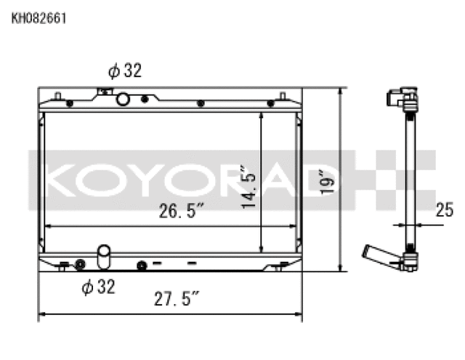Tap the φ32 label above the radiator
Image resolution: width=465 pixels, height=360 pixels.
124,71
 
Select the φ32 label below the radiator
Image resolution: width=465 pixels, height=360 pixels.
99,287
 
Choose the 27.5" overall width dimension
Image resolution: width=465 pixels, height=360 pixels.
177,299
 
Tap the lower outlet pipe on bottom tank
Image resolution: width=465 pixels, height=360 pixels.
105,256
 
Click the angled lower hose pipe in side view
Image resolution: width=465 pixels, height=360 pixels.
376,255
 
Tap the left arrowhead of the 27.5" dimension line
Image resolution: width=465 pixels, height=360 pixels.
41,314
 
